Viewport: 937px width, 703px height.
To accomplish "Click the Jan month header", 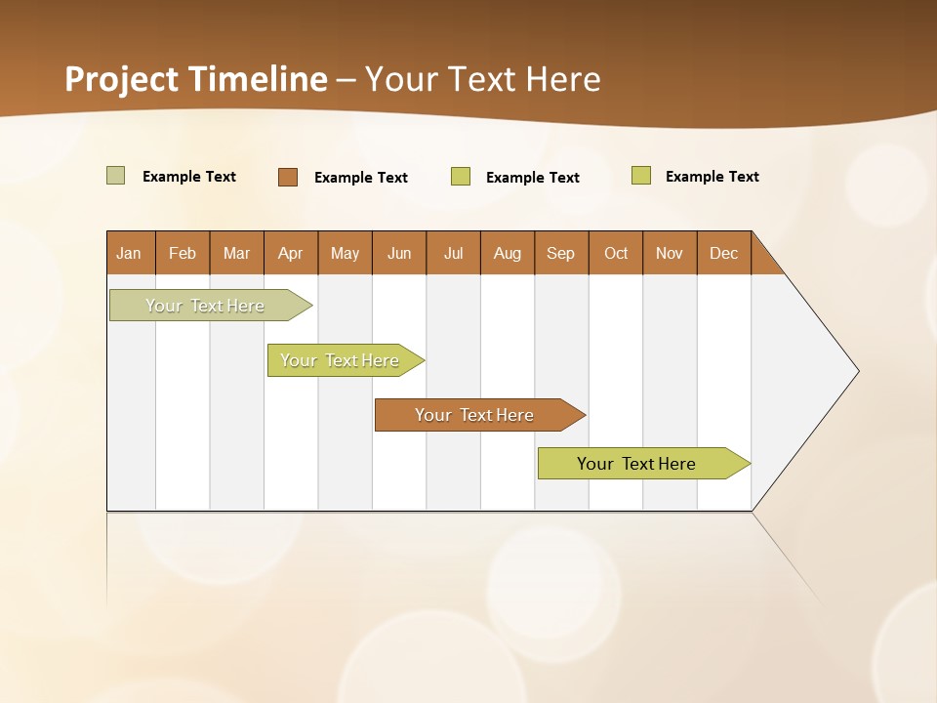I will click(130, 253).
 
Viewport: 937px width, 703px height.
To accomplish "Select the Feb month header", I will click(183, 253).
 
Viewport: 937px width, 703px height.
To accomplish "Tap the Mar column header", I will click(236, 253).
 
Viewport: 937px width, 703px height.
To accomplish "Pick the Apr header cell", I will click(291, 253).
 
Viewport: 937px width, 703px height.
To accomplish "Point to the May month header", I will click(345, 253).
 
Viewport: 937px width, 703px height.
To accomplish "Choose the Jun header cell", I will click(399, 253).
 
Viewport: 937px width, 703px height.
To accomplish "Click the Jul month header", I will click(453, 253).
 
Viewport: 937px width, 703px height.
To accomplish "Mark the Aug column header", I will click(508, 253).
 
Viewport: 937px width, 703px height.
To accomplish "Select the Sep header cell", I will click(561, 253).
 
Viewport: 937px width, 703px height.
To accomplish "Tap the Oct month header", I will click(616, 253).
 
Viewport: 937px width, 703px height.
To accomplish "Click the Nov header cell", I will click(670, 253).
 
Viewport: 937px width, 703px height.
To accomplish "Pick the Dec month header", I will click(724, 253).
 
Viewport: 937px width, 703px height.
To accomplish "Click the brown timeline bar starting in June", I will click(474, 415).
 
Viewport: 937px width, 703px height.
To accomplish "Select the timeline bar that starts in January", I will click(205, 306).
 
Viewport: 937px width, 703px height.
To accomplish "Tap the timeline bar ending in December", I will click(636, 464).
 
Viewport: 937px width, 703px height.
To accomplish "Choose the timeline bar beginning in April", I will click(340, 360).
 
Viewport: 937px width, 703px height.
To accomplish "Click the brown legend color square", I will click(288, 177).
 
